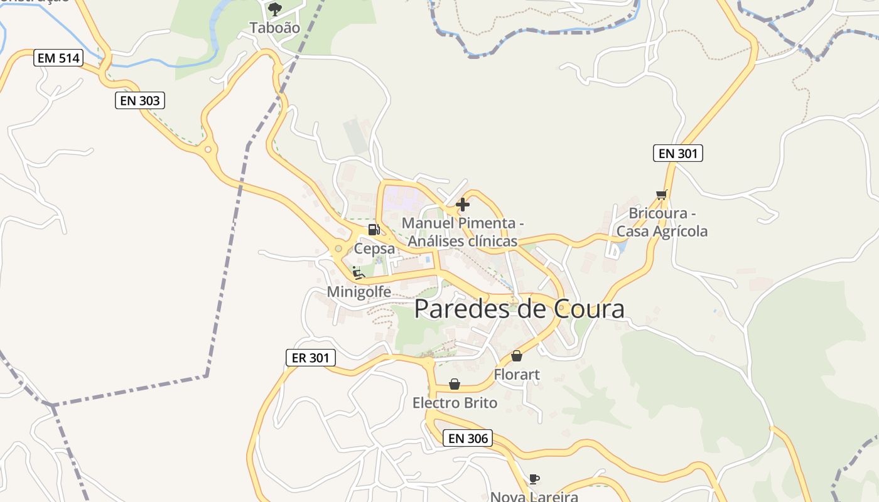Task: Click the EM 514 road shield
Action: click(x=58, y=58)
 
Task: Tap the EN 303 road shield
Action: click(x=139, y=100)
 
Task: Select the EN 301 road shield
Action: click(x=677, y=153)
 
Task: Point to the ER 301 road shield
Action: click(x=310, y=358)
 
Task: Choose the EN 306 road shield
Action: click(x=467, y=438)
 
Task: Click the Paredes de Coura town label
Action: click(x=519, y=309)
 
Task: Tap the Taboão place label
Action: click(x=274, y=28)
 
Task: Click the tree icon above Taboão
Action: click(x=274, y=9)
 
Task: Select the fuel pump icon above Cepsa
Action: click(x=374, y=230)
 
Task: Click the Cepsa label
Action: click(x=374, y=248)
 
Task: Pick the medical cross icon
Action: click(x=463, y=205)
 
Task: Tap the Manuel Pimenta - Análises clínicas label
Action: click(x=463, y=232)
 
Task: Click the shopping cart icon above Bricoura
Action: click(x=661, y=195)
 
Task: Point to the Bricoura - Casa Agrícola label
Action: click(x=662, y=222)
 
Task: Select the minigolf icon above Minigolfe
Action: click(x=359, y=273)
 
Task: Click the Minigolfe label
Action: click(x=359, y=292)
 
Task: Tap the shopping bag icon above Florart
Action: click(x=517, y=356)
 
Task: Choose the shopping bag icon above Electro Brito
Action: click(x=455, y=384)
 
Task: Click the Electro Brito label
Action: click(x=455, y=403)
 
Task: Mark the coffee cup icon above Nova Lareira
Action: click(x=534, y=479)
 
